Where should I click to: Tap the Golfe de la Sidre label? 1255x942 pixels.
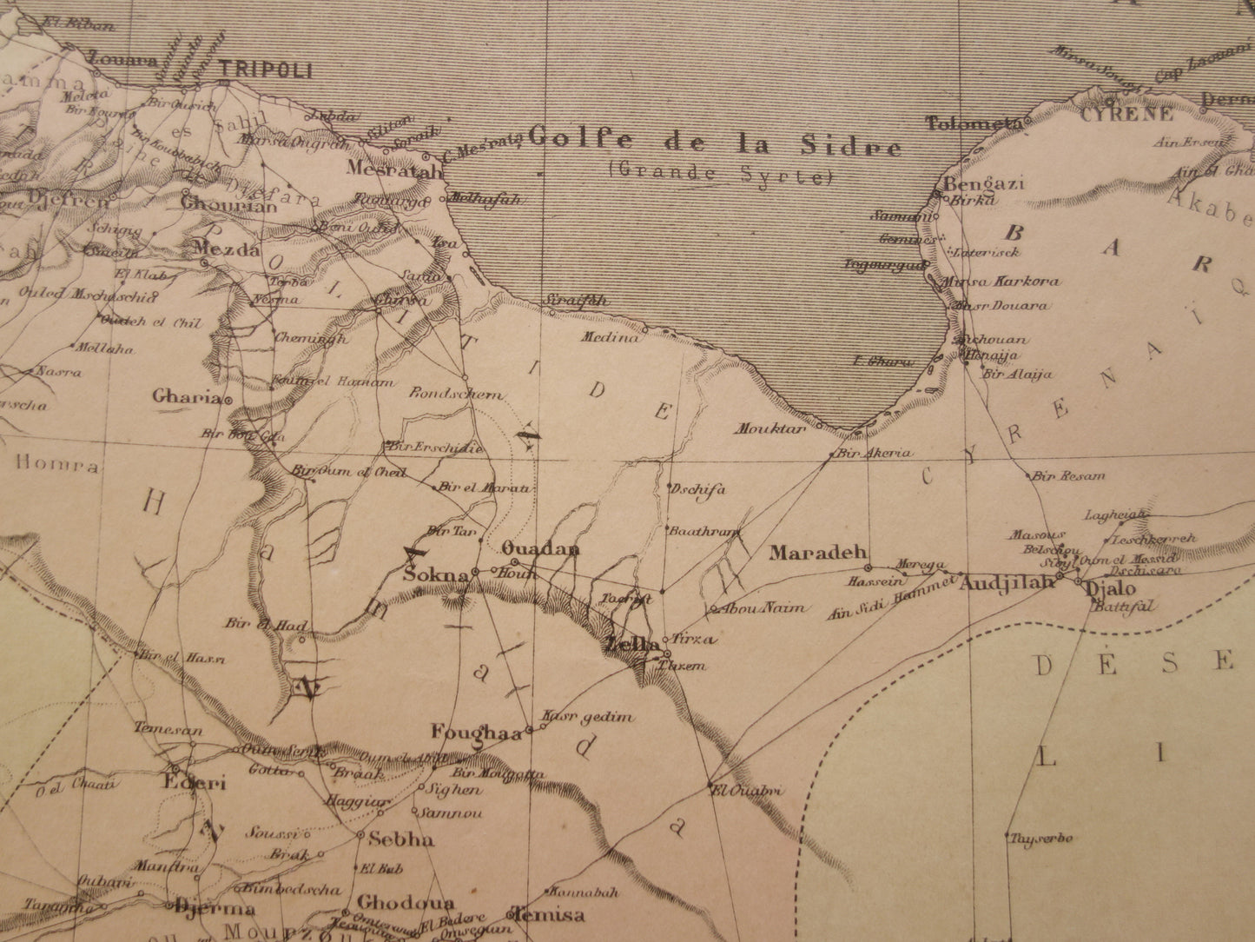click(715, 142)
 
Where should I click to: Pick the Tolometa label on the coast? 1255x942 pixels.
click(970, 123)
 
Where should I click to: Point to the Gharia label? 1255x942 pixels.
click(186, 397)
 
